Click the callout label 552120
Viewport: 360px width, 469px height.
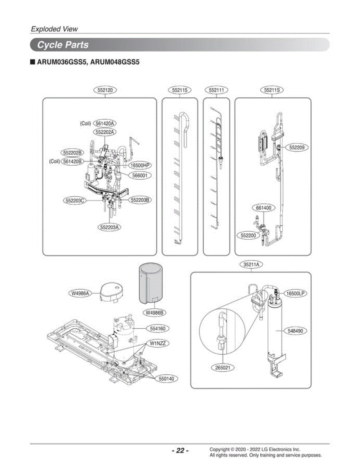[x=105, y=90]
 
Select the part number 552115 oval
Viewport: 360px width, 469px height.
[x=179, y=90]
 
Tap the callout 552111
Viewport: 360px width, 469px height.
[x=217, y=90]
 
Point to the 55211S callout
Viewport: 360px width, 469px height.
[x=272, y=90]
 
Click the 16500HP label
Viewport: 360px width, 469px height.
[x=140, y=165]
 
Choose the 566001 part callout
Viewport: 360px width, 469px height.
[x=140, y=175]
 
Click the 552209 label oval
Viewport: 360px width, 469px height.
[x=297, y=148]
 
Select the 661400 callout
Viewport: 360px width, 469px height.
[x=263, y=208]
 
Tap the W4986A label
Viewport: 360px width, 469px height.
[x=80, y=293]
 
